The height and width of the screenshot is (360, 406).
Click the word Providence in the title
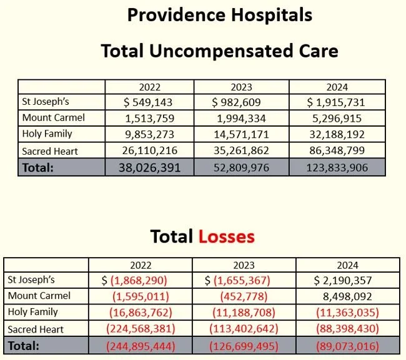[x=176, y=15]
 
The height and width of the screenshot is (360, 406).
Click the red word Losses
[x=227, y=236]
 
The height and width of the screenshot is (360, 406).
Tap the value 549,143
[x=152, y=102]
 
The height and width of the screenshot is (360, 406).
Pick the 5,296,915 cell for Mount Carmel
[x=337, y=119]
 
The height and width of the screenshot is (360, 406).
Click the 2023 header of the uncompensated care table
[x=241, y=87]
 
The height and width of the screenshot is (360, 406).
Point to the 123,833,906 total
[x=337, y=168]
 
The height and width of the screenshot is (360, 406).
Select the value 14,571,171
[x=241, y=135]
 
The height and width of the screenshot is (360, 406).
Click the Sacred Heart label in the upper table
[x=50, y=151]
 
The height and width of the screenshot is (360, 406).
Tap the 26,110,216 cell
[x=150, y=150]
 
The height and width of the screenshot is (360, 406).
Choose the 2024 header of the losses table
[x=347, y=265]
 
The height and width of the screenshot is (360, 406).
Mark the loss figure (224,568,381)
[x=141, y=329]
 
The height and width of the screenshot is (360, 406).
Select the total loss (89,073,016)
[x=347, y=346]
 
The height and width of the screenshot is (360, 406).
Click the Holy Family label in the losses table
[x=33, y=311]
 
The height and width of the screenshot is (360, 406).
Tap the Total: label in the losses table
[x=24, y=346]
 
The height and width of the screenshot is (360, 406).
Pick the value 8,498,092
[x=347, y=296]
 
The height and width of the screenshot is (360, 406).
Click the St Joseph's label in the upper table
[x=46, y=102]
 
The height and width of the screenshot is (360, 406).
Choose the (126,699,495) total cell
[x=244, y=346]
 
